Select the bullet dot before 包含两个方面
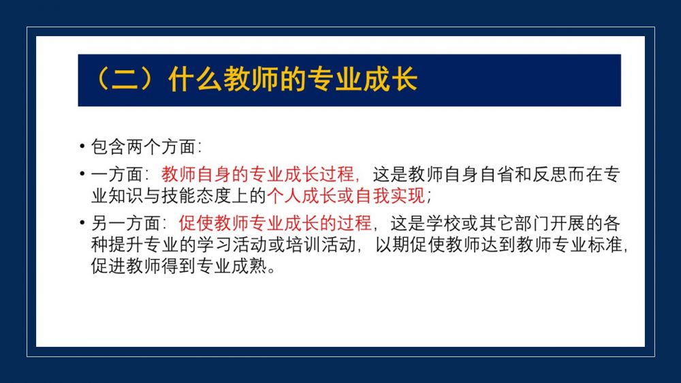(82, 146)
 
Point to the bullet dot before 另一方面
(82, 223)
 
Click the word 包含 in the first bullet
(108, 147)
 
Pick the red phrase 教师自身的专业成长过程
(258, 174)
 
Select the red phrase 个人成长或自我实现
(346, 196)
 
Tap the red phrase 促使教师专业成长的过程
(275, 223)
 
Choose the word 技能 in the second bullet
(179, 196)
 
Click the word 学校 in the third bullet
(443, 223)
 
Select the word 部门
(532, 223)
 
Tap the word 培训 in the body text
(303, 245)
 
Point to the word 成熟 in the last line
(249, 266)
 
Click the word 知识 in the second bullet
(126, 196)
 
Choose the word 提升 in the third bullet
(126, 245)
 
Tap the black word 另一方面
(126, 223)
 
